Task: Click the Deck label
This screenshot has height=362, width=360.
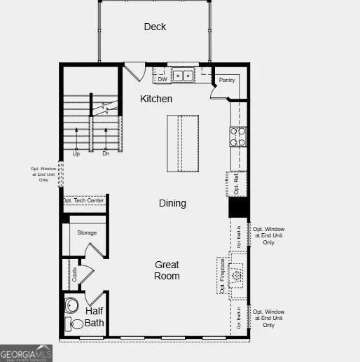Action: (155, 27)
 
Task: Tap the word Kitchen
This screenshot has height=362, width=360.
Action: (156, 99)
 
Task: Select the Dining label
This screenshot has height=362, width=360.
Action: (172, 203)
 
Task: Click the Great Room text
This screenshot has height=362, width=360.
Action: (167, 270)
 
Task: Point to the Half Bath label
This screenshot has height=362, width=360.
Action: (95, 316)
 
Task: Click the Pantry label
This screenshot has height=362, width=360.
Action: (226, 81)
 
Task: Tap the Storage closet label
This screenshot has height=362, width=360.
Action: (87, 232)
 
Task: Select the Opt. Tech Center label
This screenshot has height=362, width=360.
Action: (83, 201)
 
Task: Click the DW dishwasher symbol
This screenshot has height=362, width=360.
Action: (162, 79)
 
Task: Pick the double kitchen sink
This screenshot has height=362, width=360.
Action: (184, 75)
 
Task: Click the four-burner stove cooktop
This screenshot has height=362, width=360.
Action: (238, 136)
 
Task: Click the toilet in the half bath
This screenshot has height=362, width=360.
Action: (74, 323)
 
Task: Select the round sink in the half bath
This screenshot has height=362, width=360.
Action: (72, 306)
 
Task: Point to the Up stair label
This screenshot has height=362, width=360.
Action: (76, 153)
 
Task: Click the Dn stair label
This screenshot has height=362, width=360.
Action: (106, 153)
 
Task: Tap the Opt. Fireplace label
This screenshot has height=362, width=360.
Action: (222, 276)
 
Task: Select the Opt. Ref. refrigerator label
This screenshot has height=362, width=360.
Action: (237, 184)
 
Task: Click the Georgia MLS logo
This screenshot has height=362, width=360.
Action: (27, 353)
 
